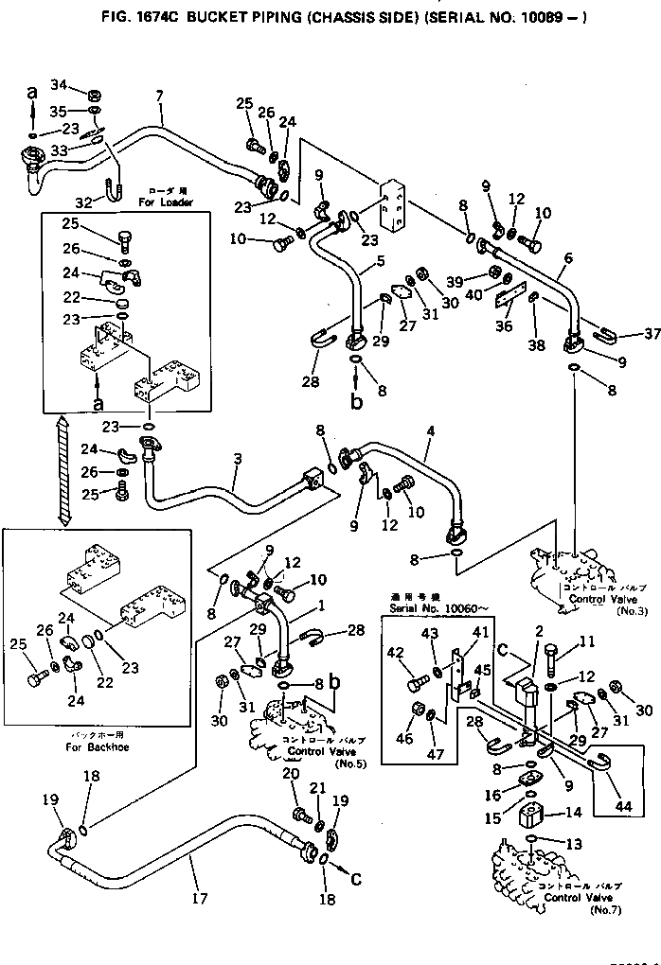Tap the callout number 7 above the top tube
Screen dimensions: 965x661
158,95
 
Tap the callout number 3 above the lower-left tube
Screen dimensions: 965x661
237,459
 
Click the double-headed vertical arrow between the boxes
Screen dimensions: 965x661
64,471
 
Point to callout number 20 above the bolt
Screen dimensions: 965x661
291,772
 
